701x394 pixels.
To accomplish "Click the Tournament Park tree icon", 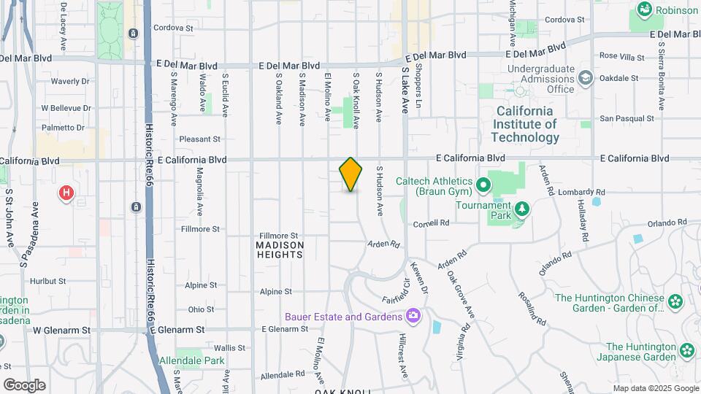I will pyautogui.click(x=521, y=211).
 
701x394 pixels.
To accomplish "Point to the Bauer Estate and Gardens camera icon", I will pyautogui.click(x=414, y=316).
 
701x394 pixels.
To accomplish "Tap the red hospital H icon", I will pyautogui.click(x=66, y=193).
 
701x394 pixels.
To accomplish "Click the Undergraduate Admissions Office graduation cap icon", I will pyautogui.click(x=585, y=77).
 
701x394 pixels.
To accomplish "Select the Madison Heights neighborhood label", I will pyautogui.click(x=280, y=250).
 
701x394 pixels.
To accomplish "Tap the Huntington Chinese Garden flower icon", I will pyautogui.click(x=675, y=301).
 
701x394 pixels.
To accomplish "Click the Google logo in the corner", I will pyautogui.click(x=24, y=385).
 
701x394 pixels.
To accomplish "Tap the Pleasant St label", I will pyautogui.click(x=199, y=139).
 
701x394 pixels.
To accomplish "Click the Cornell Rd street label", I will pyautogui.click(x=430, y=223).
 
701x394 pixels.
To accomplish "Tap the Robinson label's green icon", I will pyautogui.click(x=645, y=9).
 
